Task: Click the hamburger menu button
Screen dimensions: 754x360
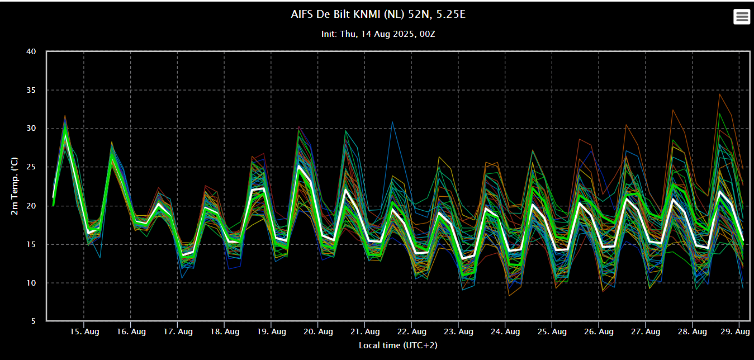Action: pos(742,17)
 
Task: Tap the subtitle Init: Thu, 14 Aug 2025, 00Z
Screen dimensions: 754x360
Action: pos(378,34)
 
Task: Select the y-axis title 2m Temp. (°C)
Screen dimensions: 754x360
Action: pos(14,186)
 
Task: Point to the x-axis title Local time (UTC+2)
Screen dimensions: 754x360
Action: pos(398,345)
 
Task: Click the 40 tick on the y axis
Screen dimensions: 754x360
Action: pos(31,51)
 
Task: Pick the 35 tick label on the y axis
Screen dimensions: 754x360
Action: pos(31,90)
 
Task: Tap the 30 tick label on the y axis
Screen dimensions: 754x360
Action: pos(31,129)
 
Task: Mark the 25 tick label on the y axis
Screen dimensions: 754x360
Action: pos(31,167)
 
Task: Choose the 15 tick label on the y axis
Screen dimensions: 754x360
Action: pos(31,244)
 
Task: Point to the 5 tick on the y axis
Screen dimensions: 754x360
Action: pos(34,321)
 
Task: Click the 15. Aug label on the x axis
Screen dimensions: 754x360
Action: pos(84,331)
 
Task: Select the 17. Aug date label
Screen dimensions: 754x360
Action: pos(178,331)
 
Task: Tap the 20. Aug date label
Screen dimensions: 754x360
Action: pos(318,331)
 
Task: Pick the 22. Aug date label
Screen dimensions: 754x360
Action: pos(412,331)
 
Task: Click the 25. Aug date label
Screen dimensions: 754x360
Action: pos(552,331)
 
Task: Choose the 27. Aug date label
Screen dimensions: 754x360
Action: pos(646,331)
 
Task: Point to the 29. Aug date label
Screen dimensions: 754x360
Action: pos(735,331)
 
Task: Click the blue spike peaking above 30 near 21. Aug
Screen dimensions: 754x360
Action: pos(392,122)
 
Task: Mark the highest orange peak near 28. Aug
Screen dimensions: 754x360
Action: pos(720,94)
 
